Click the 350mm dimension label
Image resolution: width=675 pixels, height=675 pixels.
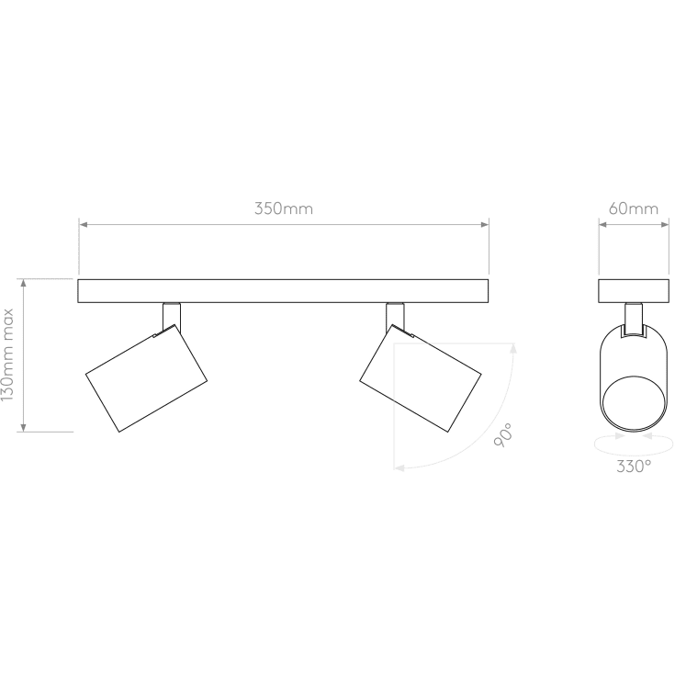coord(284,208)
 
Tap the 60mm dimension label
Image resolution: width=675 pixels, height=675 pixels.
coord(634,208)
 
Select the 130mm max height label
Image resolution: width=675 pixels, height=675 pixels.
coord(8,354)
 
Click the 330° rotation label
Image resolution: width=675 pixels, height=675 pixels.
coord(634,467)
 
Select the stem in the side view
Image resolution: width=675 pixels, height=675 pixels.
coord(634,318)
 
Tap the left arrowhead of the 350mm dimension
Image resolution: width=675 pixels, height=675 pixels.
coord(83,223)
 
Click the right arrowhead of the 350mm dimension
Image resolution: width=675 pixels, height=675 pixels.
coord(485,223)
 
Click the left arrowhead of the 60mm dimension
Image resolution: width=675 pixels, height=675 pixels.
coord(602,223)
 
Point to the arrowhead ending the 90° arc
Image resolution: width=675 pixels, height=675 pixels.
coord(399,467)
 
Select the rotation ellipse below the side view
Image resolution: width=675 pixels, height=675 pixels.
coord(634,445)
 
